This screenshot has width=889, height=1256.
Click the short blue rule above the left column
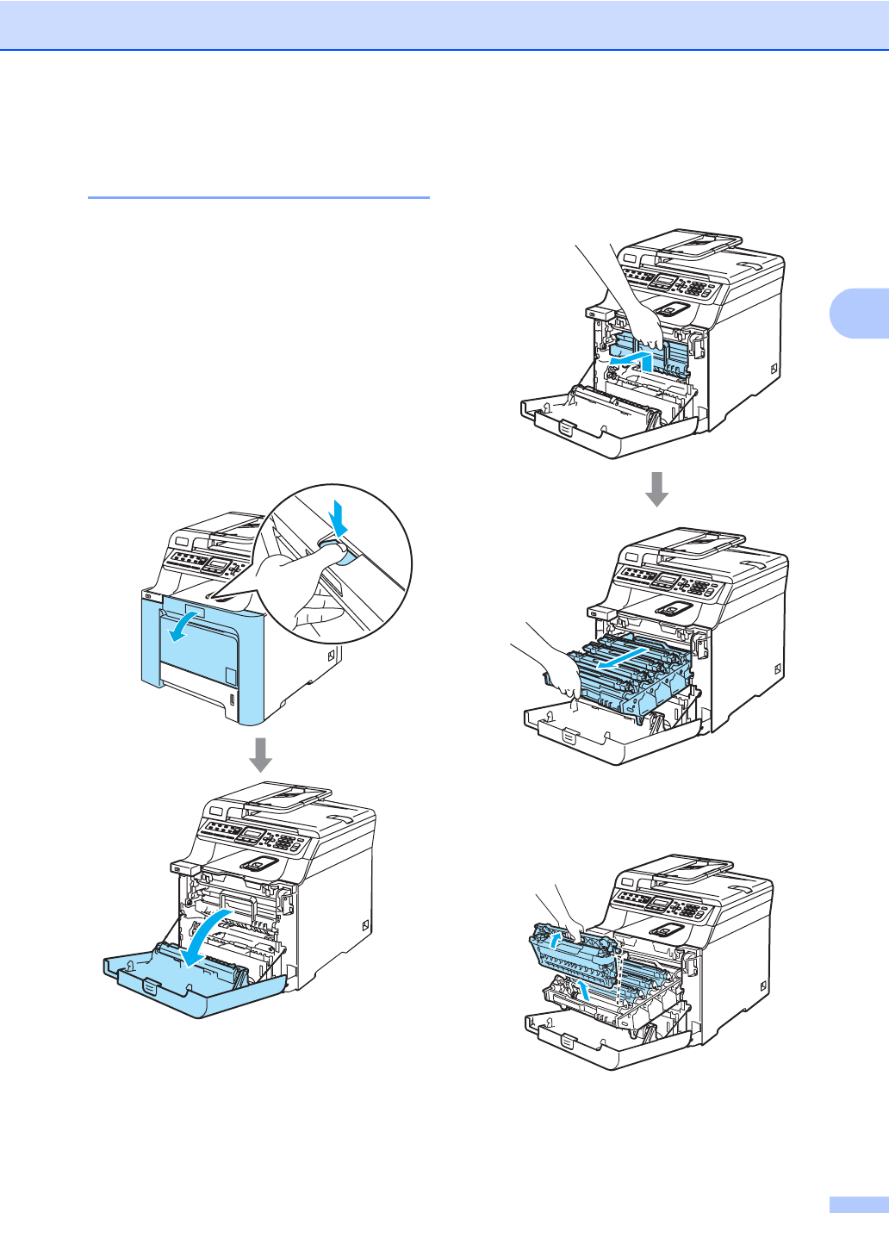click(258, 198)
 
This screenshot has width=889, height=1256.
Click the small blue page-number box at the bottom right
click(858, 1205)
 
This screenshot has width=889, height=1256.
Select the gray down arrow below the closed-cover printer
click(260, 754)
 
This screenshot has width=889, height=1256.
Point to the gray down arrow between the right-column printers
click(657, 488)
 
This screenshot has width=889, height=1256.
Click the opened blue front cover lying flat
click(194, 982)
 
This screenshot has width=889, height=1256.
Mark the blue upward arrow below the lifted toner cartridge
click(586, 992)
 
